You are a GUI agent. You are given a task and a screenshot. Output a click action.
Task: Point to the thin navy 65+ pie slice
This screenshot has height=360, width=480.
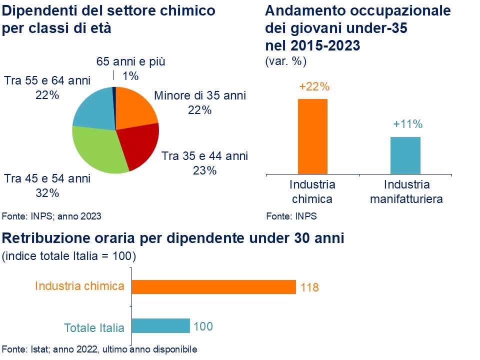point(114,93)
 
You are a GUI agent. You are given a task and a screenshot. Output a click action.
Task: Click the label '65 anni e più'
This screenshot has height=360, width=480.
point(130,62)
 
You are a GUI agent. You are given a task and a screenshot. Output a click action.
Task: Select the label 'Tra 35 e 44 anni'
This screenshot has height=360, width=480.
point(204,155)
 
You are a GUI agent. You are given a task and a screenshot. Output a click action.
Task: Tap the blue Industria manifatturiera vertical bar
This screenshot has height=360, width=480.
point(405,155)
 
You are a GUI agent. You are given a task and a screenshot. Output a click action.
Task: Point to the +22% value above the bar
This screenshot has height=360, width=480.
point(314,86)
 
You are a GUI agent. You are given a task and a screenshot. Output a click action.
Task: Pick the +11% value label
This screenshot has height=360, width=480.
point(408,124)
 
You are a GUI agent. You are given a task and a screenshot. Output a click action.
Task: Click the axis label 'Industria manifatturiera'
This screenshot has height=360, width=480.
point(406,191)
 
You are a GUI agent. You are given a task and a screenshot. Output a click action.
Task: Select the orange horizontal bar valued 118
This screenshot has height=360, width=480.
point(213,286)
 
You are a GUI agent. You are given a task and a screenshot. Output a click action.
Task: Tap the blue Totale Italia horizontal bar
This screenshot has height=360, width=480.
point(160,325)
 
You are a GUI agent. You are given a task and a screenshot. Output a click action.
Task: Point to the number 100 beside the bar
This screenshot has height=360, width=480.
point(203,326)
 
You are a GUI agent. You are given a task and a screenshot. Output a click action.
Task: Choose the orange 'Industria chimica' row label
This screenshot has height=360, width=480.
point(79,286)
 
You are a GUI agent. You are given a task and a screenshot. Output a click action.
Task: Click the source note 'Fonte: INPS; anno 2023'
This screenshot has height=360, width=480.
point(51,216)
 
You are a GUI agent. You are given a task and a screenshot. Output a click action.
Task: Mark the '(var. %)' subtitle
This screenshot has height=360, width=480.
point(285,61)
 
